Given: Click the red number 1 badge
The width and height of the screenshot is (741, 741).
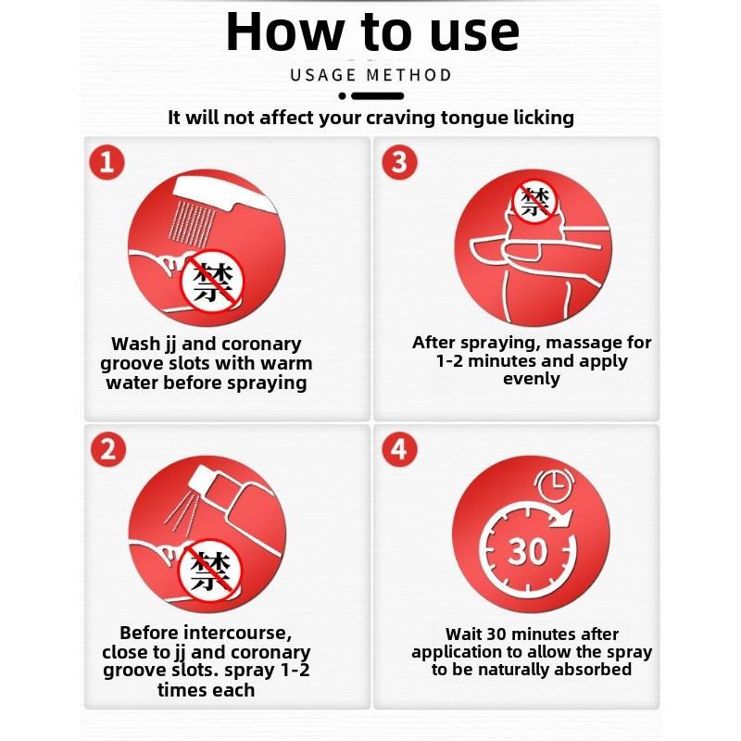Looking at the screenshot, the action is (x=107, y=162).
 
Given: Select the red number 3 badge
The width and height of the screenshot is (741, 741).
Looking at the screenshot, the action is (x=400, y=162).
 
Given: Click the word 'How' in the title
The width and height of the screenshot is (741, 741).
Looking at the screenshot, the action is (x=284, y=31).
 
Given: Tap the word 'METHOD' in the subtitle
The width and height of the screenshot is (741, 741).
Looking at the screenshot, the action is (x=409, y=75).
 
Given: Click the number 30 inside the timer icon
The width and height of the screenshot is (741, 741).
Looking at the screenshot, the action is (x=527, y=551).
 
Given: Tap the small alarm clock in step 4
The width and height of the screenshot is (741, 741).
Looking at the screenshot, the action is (x=555, y=484).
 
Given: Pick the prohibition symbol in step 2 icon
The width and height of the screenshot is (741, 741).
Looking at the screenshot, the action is (x=209, y=571).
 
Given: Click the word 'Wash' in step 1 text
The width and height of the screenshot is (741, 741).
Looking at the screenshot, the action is (x=134, y=344).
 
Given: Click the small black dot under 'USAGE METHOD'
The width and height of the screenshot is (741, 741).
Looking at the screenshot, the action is (x=343, y=96).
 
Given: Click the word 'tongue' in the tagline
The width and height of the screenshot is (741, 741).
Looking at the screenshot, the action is (x=475, y=119).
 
